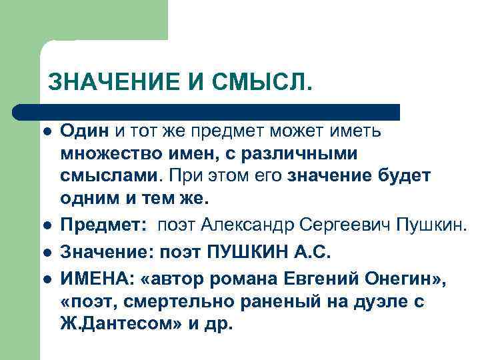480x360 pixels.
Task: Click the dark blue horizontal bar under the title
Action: click(207, 111)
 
